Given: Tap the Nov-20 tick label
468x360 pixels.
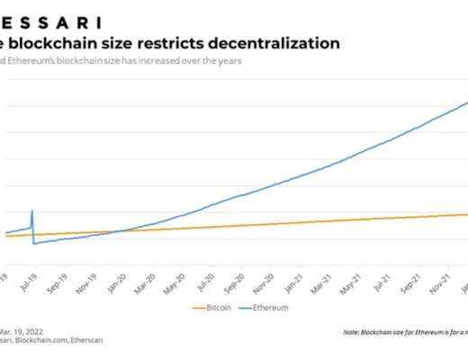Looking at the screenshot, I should tap(263, 281).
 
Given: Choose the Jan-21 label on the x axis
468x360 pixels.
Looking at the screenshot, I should tap(292, 281).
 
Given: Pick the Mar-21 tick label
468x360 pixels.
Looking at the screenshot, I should tap(319, 281).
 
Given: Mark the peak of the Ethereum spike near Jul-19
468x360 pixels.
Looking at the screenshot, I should tap(32, 211).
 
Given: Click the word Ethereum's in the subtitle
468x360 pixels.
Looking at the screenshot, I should tap(38, 61).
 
